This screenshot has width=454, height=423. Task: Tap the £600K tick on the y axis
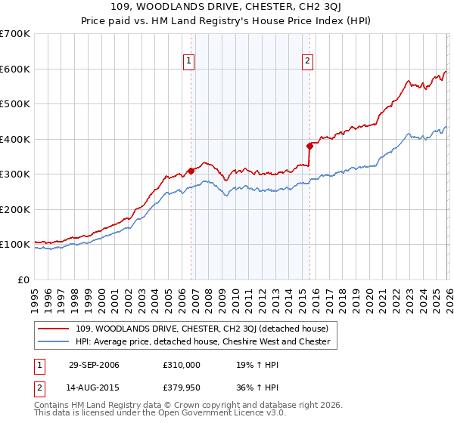tap(15, 69)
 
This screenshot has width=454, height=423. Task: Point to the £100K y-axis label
tap(15, 245)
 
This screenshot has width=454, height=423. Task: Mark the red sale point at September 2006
tap(191, 171)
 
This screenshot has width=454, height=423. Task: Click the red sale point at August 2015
tap(309, 146)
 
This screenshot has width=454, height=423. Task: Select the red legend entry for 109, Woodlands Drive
tap(201, 329)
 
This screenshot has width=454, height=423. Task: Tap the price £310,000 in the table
tap(181, 365)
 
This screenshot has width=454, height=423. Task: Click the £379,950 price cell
tap(181, 387)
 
